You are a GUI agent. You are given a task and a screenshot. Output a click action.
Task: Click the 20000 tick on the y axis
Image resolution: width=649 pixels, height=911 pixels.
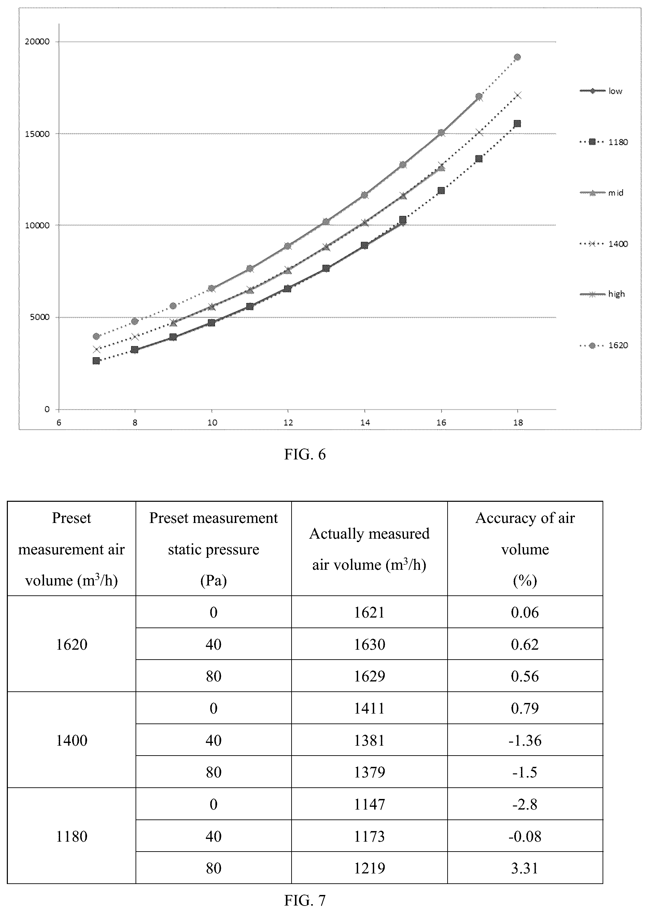point(37,42)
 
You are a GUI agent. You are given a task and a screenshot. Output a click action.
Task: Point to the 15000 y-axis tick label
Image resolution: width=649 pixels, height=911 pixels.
point(37,134)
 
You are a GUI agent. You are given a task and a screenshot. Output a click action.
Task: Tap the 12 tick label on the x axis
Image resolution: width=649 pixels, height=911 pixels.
point(288,423)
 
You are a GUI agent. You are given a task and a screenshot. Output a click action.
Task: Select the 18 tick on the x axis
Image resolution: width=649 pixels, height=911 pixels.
point(518,423)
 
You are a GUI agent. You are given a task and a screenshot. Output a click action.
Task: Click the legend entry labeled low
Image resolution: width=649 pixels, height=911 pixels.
point(601,91)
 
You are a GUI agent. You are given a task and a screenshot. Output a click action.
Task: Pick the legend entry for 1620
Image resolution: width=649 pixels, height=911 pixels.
point(604,345)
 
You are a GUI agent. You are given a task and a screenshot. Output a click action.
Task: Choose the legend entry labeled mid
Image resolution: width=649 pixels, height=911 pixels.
point(602,193)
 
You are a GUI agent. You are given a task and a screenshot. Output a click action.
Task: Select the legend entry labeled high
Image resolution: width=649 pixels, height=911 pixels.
point(602,294)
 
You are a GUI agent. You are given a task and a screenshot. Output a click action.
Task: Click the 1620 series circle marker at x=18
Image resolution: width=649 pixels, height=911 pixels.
point(517,57)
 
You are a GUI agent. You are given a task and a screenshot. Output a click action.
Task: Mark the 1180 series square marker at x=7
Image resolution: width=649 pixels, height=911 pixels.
point(96,361)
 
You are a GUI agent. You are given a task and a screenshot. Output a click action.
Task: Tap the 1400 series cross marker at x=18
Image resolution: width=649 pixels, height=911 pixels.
point(518,95)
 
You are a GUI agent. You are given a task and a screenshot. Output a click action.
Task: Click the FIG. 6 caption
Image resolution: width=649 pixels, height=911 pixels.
point(305,455)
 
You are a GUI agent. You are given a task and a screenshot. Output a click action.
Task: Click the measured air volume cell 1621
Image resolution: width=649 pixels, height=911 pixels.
point(369,612)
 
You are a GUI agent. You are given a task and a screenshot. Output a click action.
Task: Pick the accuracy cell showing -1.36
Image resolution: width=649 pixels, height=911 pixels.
point(525,740)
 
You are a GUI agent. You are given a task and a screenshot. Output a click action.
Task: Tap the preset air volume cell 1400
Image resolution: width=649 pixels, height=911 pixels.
point(72,740)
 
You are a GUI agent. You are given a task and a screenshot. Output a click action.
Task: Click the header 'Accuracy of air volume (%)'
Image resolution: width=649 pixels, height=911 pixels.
point(525,549)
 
